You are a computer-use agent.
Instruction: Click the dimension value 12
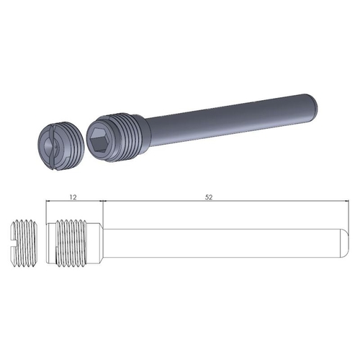point(73,196)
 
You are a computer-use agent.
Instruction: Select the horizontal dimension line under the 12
point(73,202)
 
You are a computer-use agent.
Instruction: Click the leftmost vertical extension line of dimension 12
point(45,212)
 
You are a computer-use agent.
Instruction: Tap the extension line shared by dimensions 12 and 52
point(102,212)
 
